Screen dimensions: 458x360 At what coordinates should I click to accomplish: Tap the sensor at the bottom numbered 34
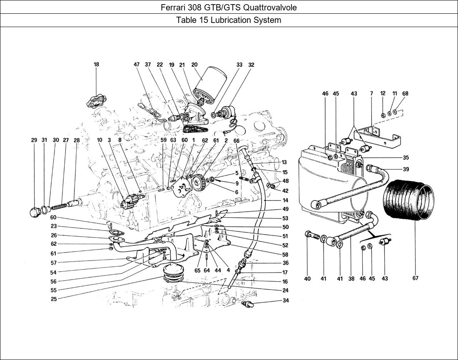point(248,305)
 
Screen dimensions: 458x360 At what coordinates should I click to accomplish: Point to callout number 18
point(97,64)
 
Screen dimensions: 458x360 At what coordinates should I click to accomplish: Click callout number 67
point(416,278)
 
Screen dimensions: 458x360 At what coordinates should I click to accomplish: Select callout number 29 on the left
point(34,140)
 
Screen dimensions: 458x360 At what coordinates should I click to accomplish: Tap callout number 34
point(286,300)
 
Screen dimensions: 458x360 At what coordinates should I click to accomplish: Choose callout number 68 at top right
point(405,93)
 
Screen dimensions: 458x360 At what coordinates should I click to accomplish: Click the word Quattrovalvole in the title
point(270,7)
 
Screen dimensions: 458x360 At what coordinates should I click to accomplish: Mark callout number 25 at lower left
point(54,299)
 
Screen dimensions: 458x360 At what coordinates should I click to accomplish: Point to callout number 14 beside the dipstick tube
point(285,200)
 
